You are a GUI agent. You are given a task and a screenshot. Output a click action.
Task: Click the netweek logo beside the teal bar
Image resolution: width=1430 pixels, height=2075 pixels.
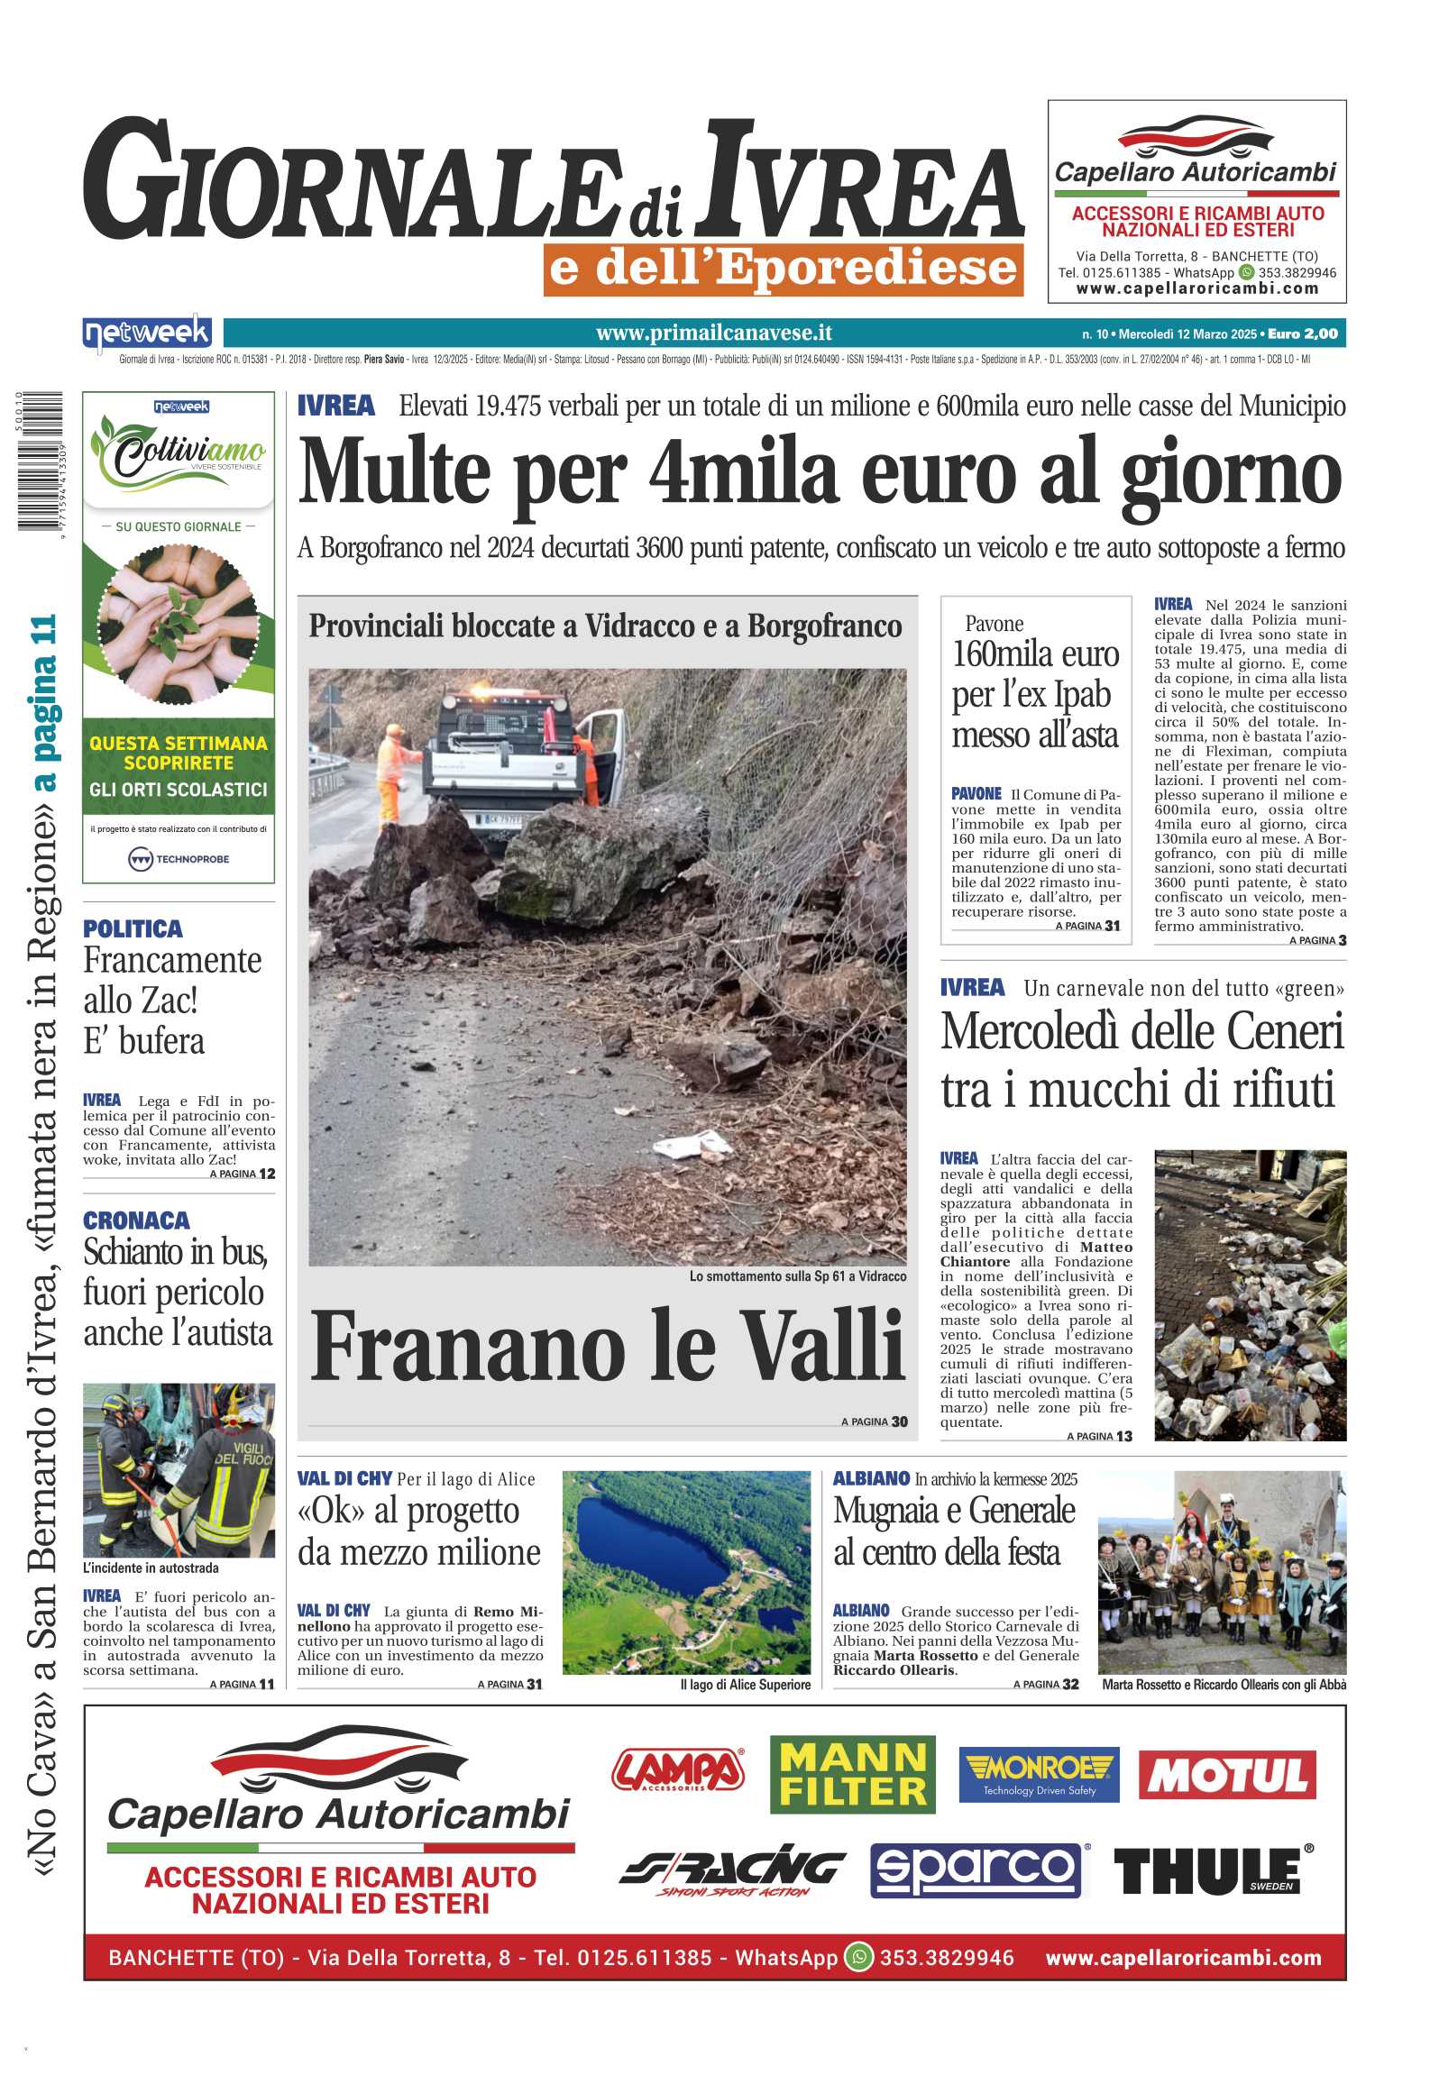(x=147, y=334)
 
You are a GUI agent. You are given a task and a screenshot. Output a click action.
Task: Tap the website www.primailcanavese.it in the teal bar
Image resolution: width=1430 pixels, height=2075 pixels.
(x=713, y=334)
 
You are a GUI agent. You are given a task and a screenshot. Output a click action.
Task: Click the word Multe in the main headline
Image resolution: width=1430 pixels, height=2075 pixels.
(x=394, y=473)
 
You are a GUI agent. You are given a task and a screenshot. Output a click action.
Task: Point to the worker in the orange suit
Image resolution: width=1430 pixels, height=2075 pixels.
(x=392, y=772)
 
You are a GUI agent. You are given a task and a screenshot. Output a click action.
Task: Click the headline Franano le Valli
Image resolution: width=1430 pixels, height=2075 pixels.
(x=607, y=1347)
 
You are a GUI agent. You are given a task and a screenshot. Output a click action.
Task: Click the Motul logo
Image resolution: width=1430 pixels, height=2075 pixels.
(x=1226, y=1775)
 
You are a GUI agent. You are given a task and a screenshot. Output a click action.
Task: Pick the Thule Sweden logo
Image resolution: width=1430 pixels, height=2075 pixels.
(x=1213, y=1870)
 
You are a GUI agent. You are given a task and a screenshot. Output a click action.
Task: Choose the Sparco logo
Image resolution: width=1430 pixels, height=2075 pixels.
(x=976, y=1869)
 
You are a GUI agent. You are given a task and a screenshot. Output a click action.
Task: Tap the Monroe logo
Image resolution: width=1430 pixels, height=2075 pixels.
(x=1038, y=1773)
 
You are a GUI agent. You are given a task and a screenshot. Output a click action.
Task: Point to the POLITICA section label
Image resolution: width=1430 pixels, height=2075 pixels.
(x=133, y=928)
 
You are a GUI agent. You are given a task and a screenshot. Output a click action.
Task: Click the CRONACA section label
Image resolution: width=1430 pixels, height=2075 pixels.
(x=136, y=1220)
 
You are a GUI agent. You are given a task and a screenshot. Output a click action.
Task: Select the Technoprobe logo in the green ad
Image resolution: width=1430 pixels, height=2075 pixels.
(x=179, y=858)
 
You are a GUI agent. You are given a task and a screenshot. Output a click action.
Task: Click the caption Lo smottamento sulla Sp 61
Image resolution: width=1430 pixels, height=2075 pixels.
(x=797, y=1276)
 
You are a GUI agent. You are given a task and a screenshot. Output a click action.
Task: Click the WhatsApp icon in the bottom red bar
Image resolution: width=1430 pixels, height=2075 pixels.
(x=858, y=1957)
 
